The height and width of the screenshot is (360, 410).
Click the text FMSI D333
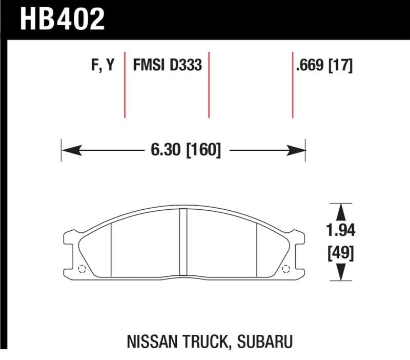pyautogui.click(x=167, y=66)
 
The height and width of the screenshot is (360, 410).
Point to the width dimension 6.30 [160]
pyautogui.click(x=186, y=150)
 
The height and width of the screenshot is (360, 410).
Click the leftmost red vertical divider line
pyautogui.click(x=125, y=85)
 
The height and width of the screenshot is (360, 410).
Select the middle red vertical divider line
pyautogui.click(x=209, y=85)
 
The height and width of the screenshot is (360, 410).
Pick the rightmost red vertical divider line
pyautogui.click(x=293, y=85)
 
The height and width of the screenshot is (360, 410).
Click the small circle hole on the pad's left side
pyautogui.click(x=81, y=269)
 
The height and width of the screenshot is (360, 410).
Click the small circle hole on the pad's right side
pyautogui.click(x=285, y=269)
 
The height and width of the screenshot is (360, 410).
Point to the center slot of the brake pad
pyautogui.click(x=183, y=243)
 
